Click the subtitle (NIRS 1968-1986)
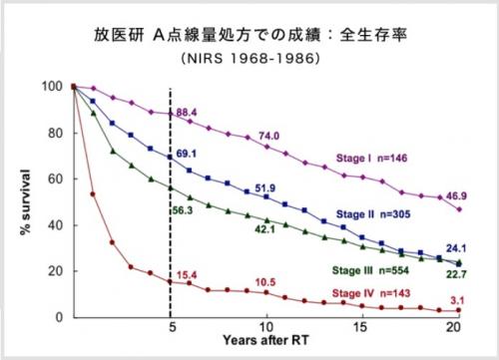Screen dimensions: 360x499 click(x=249, y=60)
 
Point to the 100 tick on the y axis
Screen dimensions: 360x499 click(x=53, y=87)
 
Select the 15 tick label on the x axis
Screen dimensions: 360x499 click(x=362, y=328)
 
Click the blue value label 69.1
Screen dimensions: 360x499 click(x=188, y=155)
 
